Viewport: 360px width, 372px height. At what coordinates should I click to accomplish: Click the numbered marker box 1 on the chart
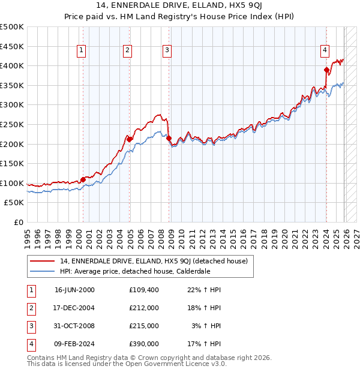point(81,51)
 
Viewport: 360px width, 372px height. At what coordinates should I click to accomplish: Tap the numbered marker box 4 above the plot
point(325,51)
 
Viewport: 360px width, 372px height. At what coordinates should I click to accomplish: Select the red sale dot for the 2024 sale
point(326,70)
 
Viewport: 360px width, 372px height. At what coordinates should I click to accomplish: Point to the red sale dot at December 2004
point(129,139)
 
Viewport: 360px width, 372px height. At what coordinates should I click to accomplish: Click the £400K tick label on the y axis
point(12,65)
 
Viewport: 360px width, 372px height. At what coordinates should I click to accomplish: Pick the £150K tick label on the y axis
point(12,163)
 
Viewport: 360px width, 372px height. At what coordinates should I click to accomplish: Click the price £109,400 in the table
point(143,290)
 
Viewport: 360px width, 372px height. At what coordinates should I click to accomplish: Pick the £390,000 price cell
point(143,344)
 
